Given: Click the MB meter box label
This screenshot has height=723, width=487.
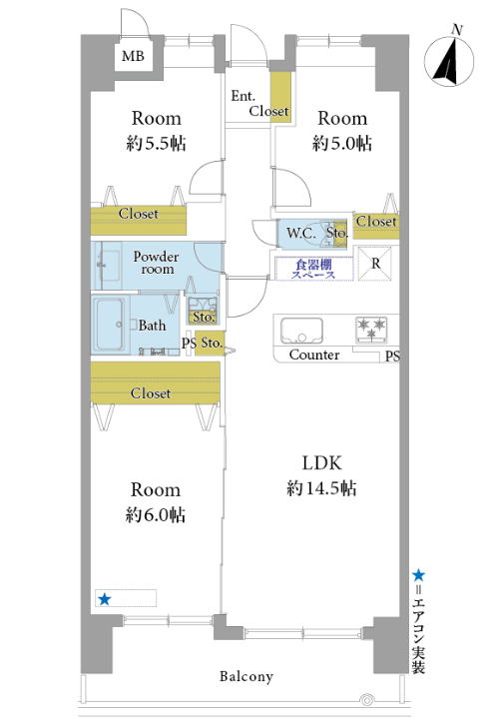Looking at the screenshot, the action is tap(133, 56).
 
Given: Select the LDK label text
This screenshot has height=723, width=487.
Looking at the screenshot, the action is tap(321, 463).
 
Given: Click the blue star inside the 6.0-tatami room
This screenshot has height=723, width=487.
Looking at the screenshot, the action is tap(105, 599).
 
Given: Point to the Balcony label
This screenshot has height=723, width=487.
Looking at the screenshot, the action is tap(246, 676).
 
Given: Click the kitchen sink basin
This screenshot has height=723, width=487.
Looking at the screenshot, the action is tap(301, 331).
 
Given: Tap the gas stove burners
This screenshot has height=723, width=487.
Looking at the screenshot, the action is tap(371, 331).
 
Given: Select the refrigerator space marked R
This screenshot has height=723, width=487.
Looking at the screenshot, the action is tap(375, 263).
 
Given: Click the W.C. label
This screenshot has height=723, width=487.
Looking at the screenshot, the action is tap(300, 233).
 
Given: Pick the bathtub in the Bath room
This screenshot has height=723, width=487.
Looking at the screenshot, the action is tap(109, 325).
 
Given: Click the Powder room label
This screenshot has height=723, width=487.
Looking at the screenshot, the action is tap(157, 263).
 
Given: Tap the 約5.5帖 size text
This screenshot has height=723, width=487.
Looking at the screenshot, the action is tap(157, 144).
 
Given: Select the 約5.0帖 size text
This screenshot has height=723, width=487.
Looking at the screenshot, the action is tap(342, 144).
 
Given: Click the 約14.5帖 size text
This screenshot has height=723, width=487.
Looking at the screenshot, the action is tap(321, 488).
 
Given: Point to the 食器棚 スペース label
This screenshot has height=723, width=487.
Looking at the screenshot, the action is tap(313, 270).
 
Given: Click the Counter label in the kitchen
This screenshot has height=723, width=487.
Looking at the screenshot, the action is tap(314, 355).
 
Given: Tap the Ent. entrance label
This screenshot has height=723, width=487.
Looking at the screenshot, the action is tap(243, 96).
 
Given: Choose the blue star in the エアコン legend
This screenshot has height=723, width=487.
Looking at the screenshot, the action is tap(419, 574).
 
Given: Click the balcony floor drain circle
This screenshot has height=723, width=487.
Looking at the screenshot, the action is tap(367, 701).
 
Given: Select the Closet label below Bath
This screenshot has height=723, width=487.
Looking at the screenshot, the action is tap(151, 393).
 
